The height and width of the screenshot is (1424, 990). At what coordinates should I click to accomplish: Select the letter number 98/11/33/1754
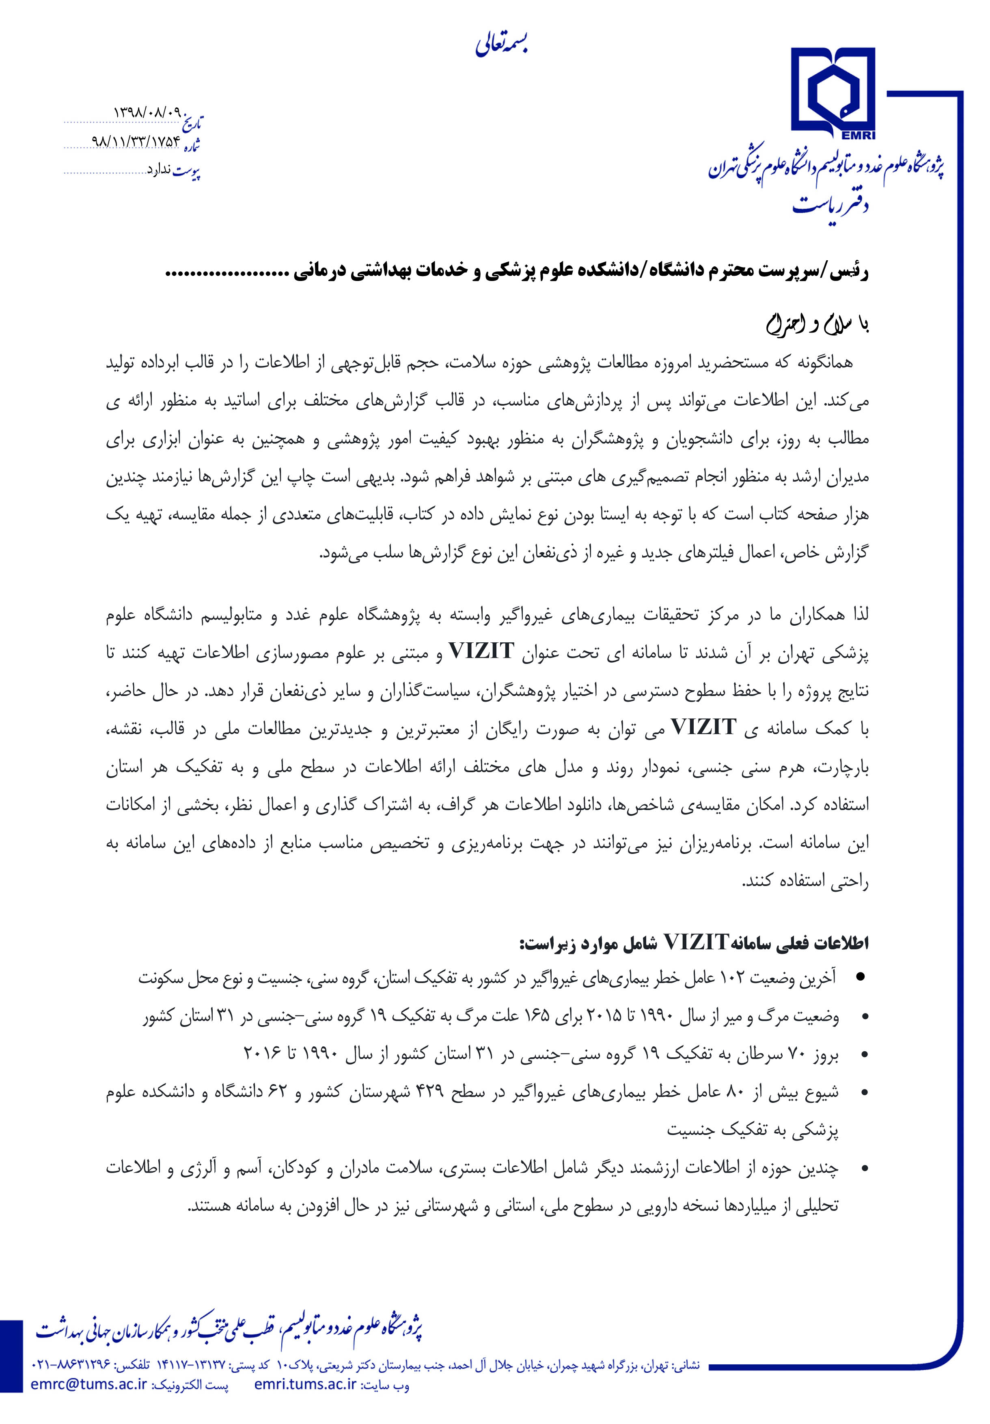(x=136, y=141)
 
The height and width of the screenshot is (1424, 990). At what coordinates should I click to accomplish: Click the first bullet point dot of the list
(x=860, y=978)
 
